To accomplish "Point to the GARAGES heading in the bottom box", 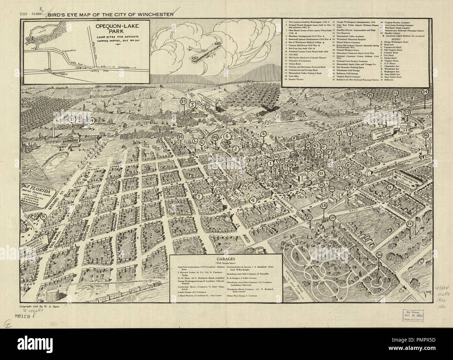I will [x=227, y=259].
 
